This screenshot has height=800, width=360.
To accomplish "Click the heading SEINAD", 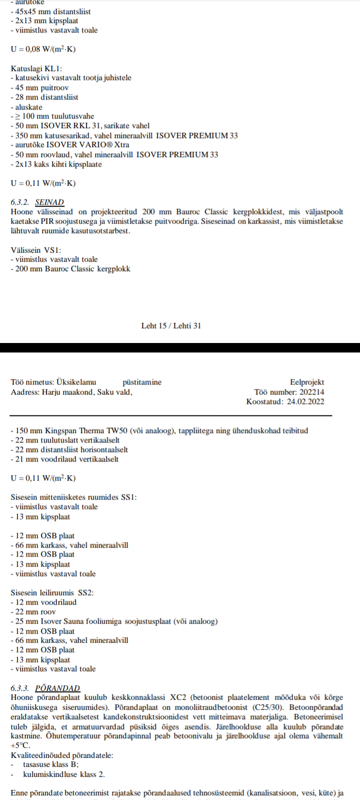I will point(49,202).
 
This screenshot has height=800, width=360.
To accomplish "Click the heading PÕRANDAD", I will point(57,688).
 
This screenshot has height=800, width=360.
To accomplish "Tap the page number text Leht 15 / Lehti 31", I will point(171,325).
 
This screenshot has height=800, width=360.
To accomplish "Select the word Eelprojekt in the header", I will point(307,382).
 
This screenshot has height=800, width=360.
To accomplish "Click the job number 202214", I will point(311,392).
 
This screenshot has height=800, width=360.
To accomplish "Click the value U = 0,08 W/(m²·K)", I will point(43,49).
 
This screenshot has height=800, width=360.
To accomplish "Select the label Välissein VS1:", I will point(35,250).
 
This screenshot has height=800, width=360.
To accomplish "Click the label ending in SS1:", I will point(73,497).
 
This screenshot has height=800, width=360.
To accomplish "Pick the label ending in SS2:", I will point(52,592).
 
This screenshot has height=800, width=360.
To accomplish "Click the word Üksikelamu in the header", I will point(76,382).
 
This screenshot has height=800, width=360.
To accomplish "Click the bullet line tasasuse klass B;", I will point(50,764).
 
